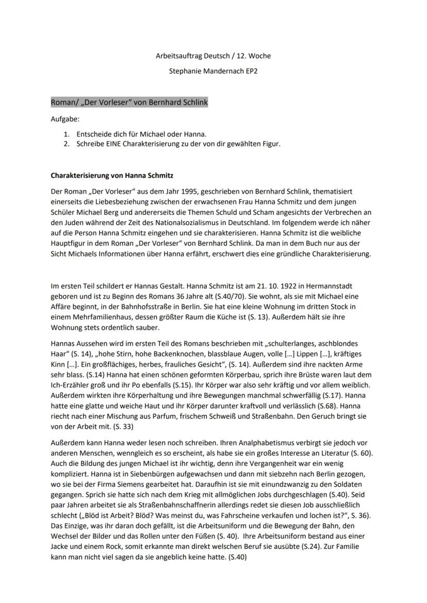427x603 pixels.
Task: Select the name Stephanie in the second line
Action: click(185, 71)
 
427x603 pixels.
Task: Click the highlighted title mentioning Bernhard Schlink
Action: click(129, 102)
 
